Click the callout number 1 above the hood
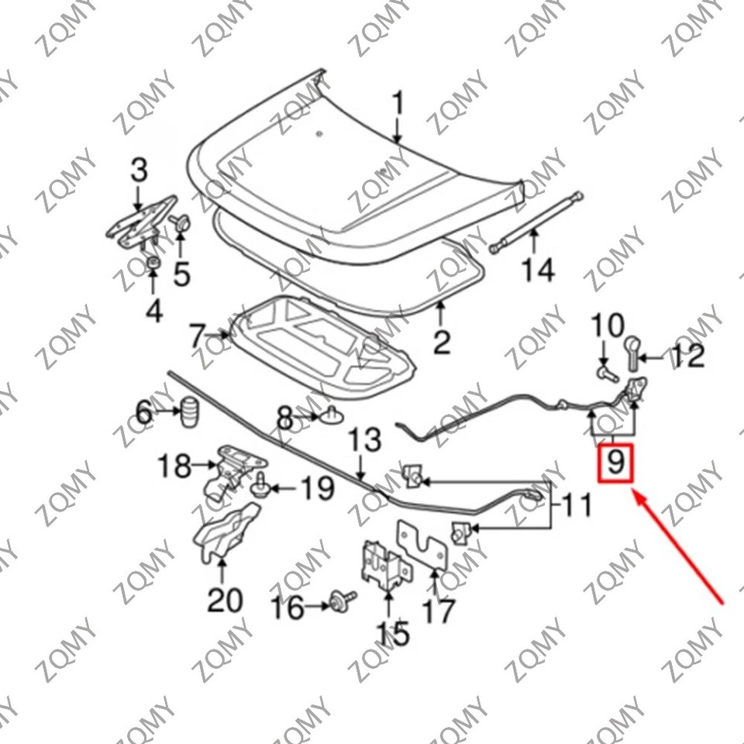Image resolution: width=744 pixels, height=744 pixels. tap(398, 104)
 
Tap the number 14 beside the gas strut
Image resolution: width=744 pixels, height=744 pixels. tap(537, 270)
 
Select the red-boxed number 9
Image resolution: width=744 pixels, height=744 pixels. tap(615, 463)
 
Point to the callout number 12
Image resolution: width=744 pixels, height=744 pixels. tap(687, 356)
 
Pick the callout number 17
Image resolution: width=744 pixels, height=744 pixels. tap(439, 611)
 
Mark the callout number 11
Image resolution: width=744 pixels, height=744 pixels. tap(575, 507)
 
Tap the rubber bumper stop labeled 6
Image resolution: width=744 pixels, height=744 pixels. tap(189, 411)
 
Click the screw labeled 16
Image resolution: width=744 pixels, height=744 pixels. tap(339, 600)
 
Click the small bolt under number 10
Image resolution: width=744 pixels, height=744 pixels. tap(606, 371)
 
